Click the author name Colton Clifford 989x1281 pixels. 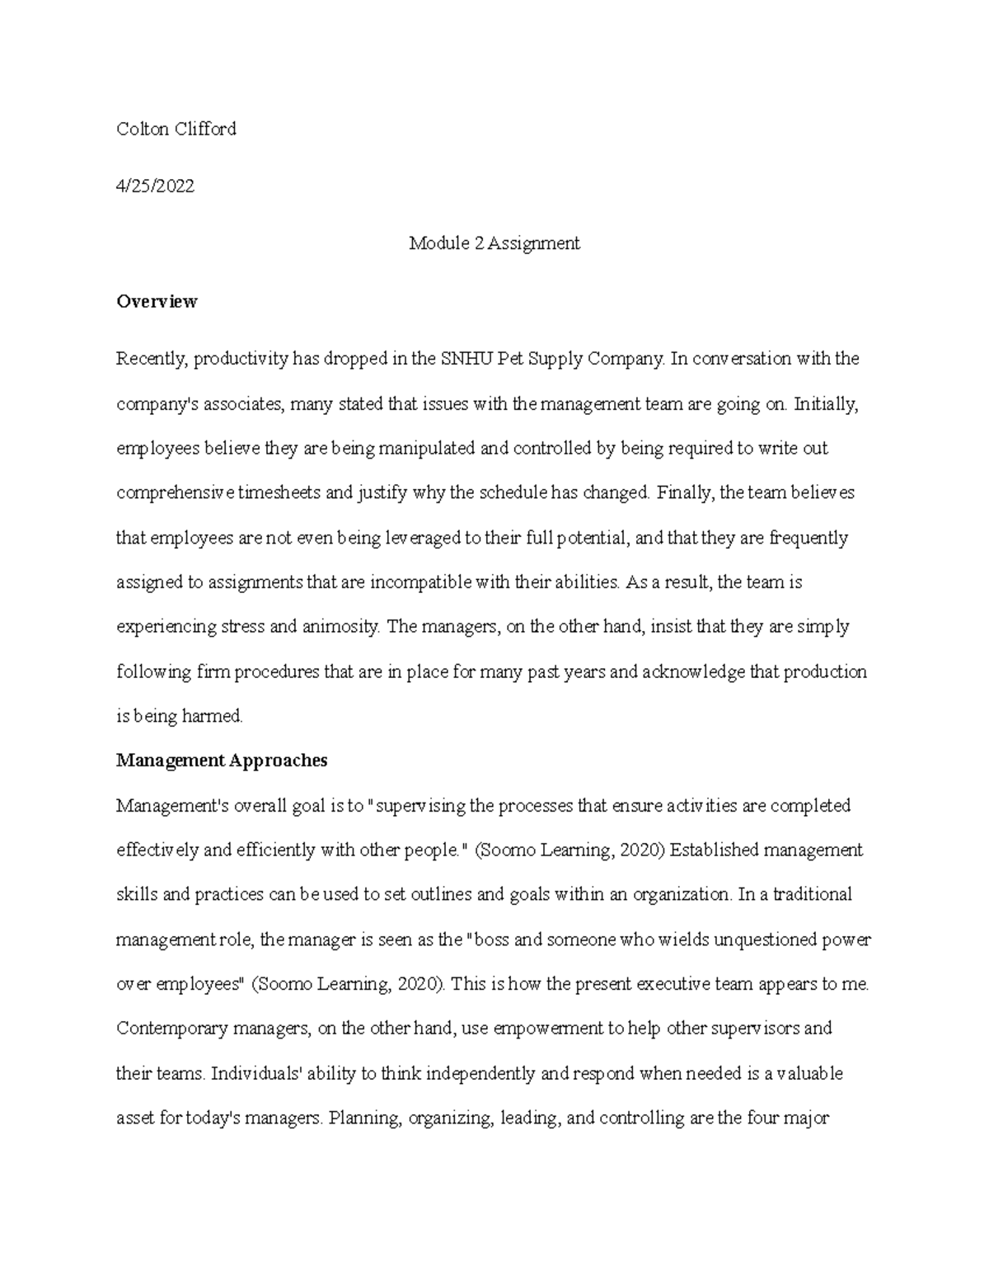pos(176,129)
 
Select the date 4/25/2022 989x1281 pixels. pos(155,186)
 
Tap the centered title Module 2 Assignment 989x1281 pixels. pos(494,243)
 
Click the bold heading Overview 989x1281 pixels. pos(157,301)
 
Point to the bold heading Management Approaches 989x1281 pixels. pos(222,761)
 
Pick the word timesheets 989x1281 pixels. pos(280,493)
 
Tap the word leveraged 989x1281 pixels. pos(423,539)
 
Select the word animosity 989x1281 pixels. pos(339,627)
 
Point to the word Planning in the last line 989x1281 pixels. pos(364,1119)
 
